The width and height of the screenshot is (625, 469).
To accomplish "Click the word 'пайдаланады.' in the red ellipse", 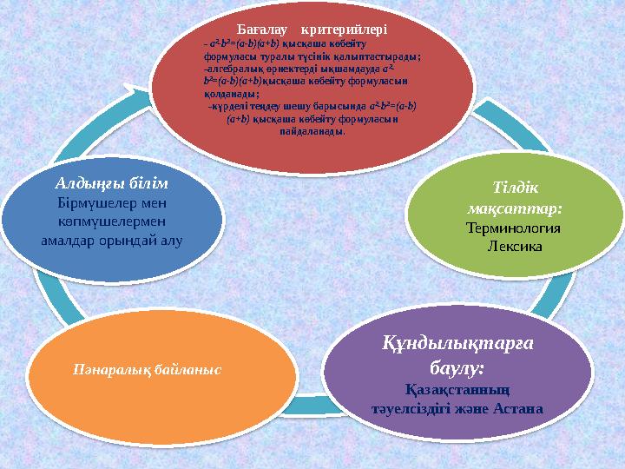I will click(312, 133).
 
